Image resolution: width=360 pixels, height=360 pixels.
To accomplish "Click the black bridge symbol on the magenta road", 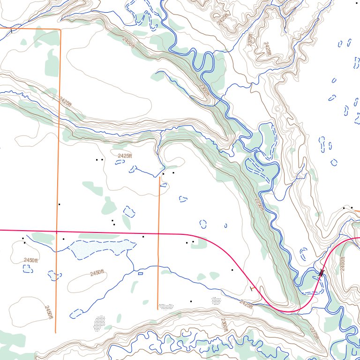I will coord(321,272).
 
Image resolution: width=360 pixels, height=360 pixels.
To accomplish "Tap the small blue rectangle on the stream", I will coord(140,273).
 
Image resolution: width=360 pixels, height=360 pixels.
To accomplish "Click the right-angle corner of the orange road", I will coord(60,30).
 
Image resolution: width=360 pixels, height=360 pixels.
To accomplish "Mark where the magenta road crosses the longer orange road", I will coord(57,231).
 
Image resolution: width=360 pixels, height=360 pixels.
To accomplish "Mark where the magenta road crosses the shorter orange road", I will coord(158,233).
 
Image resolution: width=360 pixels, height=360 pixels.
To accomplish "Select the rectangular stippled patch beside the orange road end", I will coord(166,306).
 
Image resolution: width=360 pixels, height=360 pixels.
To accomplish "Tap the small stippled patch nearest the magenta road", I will coord(216,300).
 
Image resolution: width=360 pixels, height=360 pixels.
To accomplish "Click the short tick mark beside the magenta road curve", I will coord(253,289).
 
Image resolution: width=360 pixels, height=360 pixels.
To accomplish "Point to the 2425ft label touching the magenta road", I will coord(246,304).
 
